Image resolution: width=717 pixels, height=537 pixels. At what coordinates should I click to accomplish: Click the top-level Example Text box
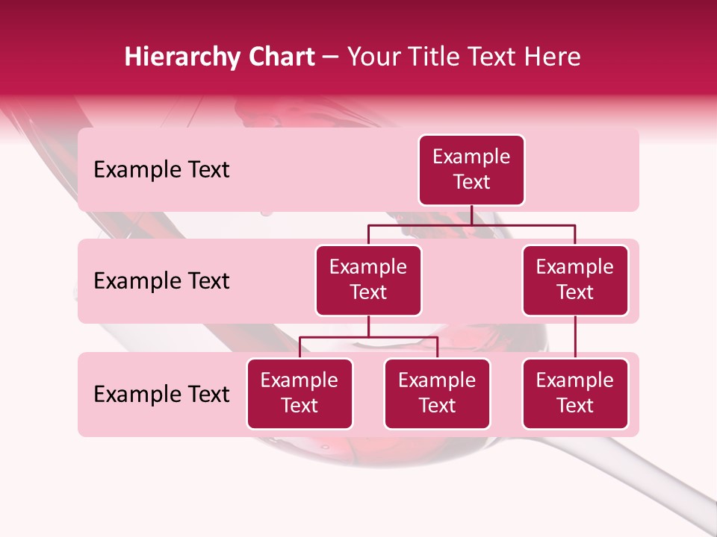[x=471, y=170]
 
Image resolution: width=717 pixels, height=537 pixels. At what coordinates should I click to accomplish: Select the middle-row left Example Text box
[x=368, y=280]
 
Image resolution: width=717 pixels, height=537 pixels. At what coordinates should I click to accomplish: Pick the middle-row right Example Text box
[x=575, y=280]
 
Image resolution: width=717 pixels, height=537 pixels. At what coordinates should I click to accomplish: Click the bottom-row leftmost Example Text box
[x=299, y=394]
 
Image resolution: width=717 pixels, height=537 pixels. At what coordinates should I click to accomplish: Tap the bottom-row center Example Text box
[x=437, y=394]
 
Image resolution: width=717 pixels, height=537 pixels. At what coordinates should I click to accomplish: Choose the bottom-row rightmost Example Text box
[x=575, y=394]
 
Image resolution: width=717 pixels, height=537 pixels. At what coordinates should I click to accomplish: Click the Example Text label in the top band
[x=161, y=170]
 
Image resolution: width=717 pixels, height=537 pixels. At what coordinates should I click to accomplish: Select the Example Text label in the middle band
[x=161, y=281]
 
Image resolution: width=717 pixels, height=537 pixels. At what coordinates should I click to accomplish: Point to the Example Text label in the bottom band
[x=161, y=395]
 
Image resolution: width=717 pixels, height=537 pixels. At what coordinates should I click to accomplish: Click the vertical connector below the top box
[x=471, y=215]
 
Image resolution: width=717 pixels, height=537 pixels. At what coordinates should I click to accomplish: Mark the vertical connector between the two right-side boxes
[x=575, y=337]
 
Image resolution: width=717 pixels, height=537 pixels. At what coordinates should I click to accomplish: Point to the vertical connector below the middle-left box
[x=368, y=326]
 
